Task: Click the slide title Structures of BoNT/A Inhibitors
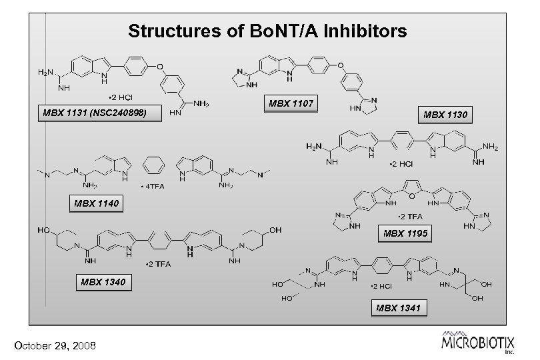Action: pos(267,31)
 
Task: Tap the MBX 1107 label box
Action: pos(290,104)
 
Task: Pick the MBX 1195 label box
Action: pos(405,233)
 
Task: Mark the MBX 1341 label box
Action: pos(399,307)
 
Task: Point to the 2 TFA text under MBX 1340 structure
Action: pos(159,265)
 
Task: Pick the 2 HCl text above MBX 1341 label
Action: pos(383,286)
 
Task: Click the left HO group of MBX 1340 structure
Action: pos(44,230)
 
